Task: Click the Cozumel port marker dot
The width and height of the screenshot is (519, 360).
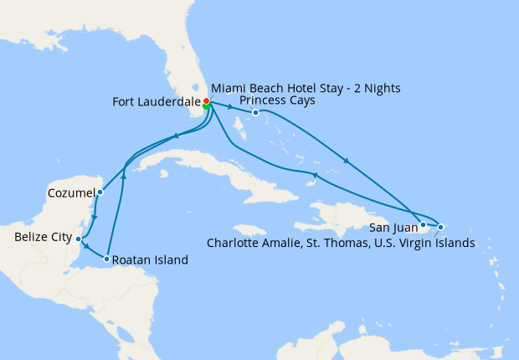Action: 100,192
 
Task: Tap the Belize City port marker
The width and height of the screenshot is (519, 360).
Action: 78,239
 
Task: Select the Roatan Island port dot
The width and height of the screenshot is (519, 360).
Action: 107,260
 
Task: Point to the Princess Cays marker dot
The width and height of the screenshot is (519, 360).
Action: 255,112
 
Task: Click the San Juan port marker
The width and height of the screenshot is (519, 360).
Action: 424,224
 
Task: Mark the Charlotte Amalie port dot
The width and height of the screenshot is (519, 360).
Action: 440,227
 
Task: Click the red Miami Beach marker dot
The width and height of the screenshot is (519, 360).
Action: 206,101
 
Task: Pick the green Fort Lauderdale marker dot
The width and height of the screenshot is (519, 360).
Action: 206,107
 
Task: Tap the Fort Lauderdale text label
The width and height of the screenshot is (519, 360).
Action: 156,102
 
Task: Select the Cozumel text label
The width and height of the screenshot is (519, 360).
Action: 70,192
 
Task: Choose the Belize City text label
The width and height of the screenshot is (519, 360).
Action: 43,238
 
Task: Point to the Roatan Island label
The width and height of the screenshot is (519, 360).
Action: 152,260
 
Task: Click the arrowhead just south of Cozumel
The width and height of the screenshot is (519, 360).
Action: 95,219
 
